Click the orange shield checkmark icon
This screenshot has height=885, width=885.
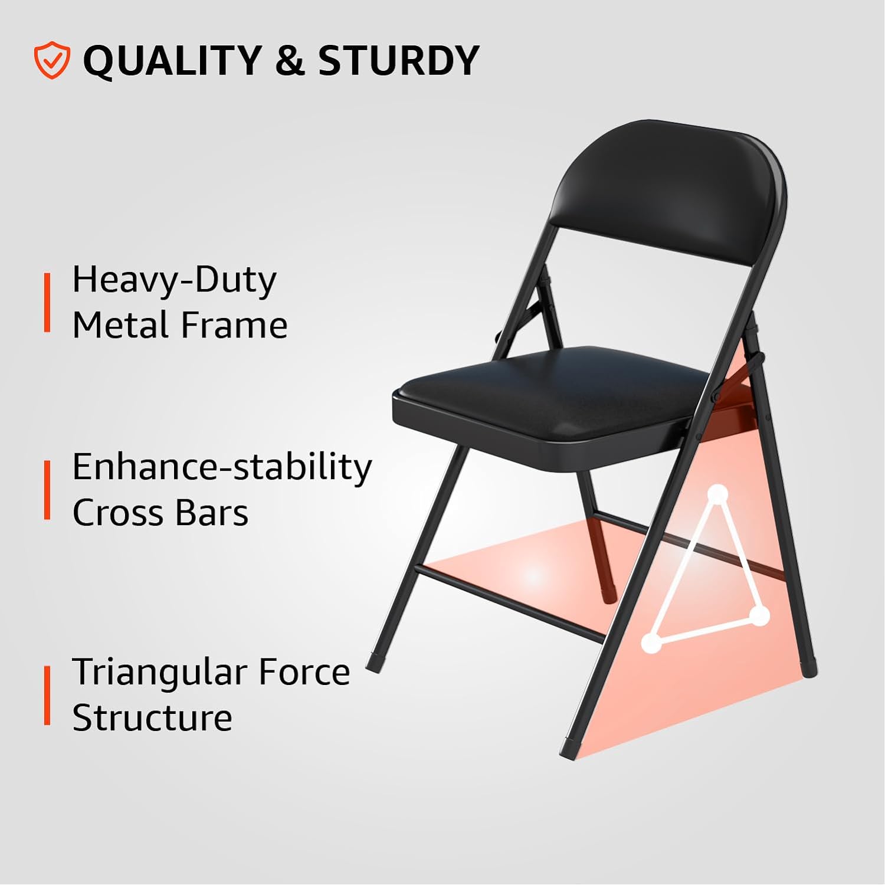pyautogui.click(x=52, y=60)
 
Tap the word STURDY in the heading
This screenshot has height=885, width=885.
pyautogui.click(x=398, y=60)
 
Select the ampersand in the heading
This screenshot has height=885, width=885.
pyautogui.click(x=289, y=60)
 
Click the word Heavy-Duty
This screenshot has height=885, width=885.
pyautogui.click(x=174, y=280)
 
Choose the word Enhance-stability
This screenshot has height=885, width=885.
pyautogui.click(x=222, y=468)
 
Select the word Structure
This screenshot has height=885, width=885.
pyautogui.click(x=152, y=718)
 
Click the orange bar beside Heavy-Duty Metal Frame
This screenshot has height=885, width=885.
pyautogui.click(x=47, y=302)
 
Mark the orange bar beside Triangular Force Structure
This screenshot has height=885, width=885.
pyautogui.click(x=47, y=695)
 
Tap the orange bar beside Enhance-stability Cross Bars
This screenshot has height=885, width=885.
pyautogui.click(x=47, y=490)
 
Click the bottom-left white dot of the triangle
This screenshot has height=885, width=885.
pyautogui.click(x=651, y=643)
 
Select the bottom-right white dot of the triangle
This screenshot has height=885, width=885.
pyautogui.click(x=761, y=617)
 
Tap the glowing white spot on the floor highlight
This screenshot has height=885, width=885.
pyautogui.click(x=533, y=575)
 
